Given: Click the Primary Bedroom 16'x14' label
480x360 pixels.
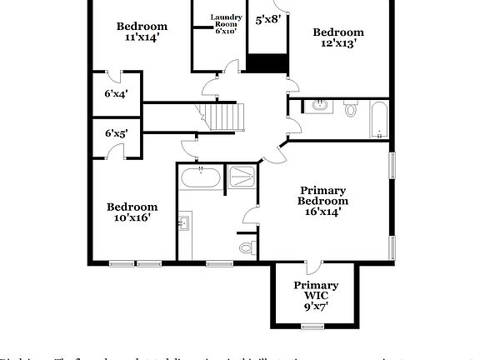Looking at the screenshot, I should click(323, 200).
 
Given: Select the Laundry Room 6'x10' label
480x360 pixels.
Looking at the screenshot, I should click(226, 24).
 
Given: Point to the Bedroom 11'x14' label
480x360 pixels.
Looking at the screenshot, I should click(142, 32).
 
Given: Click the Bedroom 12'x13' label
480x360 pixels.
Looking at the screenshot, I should click(338, 37).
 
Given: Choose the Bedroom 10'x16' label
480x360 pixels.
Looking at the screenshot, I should click(132, 212).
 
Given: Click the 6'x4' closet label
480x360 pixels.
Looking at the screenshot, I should click(116, 93).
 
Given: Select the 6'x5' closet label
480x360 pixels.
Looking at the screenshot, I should click(116, 133).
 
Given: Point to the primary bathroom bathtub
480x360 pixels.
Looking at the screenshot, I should click(201, 177).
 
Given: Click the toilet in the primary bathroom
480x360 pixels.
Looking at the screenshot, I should click(247, 247).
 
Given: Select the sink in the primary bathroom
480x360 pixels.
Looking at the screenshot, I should click(184, 222).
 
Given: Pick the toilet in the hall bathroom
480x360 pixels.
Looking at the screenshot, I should click(350, 108).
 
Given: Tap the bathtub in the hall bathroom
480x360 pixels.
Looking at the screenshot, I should click(378, 120).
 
